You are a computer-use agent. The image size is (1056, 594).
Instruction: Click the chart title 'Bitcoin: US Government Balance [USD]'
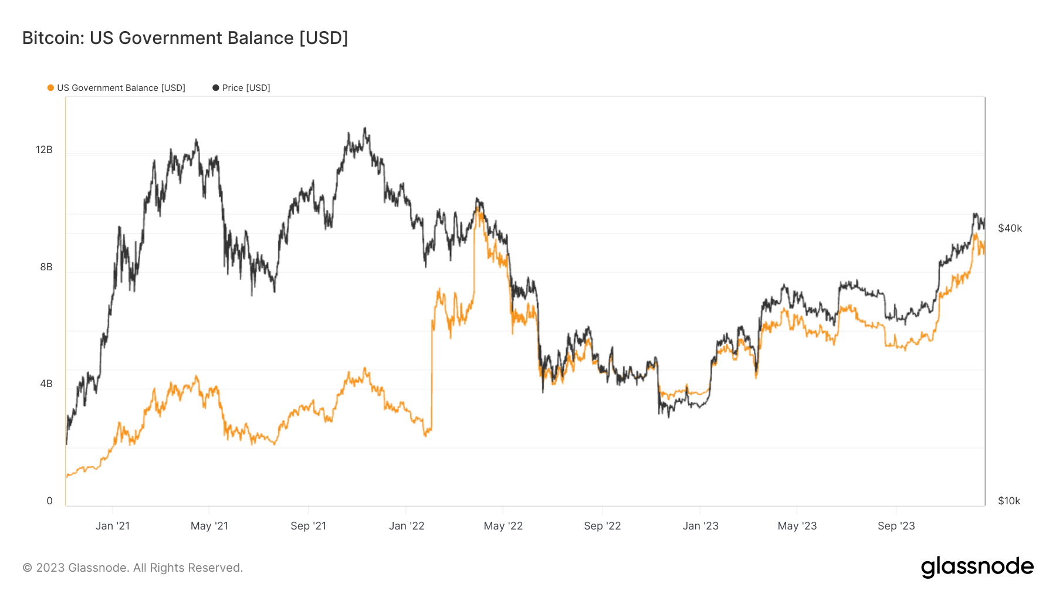185,38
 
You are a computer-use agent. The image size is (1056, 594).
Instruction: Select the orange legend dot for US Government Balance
50,88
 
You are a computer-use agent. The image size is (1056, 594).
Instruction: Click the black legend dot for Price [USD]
216,88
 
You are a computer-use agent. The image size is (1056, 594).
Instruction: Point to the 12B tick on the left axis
44,150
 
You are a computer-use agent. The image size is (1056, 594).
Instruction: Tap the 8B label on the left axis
46,267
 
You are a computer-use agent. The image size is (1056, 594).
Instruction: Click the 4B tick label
46,383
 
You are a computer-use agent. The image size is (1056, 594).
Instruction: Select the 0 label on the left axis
49,501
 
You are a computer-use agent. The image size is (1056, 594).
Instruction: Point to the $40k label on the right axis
1010,228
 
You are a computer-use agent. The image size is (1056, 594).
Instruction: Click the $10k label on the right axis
1009,501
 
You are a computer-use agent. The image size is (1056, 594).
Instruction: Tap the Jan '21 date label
113,526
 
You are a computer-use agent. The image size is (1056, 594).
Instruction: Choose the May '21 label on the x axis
209,526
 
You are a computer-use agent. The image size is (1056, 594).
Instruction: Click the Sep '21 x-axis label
308,526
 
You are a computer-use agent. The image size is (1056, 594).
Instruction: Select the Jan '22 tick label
407,526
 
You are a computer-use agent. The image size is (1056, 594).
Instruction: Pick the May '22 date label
503,526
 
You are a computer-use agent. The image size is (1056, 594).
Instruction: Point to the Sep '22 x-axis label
602,526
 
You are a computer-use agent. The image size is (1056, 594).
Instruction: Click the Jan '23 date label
700,526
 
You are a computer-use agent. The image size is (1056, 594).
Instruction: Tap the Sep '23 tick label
896,526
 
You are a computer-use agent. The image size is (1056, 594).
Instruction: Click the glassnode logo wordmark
977,567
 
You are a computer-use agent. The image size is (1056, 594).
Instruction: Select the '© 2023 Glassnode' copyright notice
133,568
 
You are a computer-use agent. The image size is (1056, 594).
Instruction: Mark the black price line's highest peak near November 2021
365,128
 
